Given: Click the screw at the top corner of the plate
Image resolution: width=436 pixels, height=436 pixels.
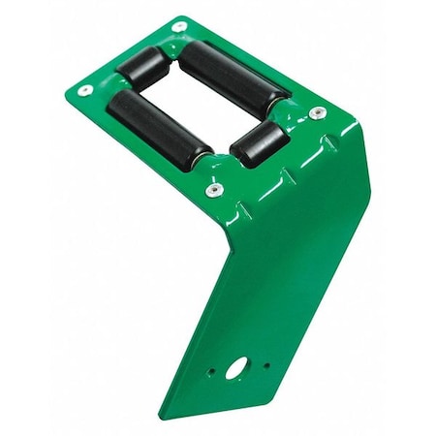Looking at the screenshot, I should coord(179,26).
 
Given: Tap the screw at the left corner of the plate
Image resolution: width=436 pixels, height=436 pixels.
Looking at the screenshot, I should coord(84,90).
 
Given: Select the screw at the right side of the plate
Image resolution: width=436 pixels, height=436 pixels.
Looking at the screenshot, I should coord(317,113).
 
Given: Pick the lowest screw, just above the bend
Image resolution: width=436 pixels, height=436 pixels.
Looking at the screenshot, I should coord(210,190).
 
